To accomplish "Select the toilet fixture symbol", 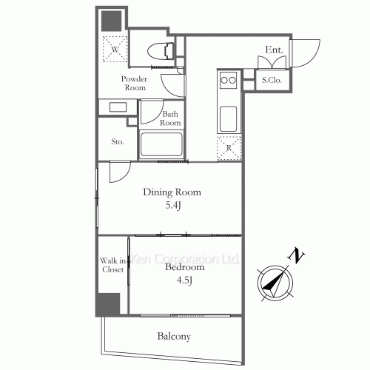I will [x=161, y=51].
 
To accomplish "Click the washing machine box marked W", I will [x=115, y=50].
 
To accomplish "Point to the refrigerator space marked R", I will [x=229, y=147].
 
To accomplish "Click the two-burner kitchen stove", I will [x=228, y=79].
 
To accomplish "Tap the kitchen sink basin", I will [x=228, y=117].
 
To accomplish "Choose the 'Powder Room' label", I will [x=135, y=83].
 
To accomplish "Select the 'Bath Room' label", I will [x=172, y=118].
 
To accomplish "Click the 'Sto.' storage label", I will [x=117, y=141].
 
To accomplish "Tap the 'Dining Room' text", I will [x=172, y=192].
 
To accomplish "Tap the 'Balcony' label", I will [x=174, y=337].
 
